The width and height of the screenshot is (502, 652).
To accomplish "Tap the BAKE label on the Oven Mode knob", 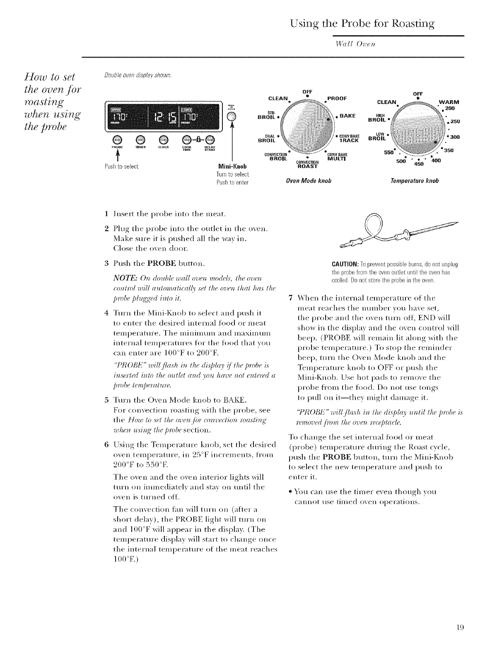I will [x=351, y=117].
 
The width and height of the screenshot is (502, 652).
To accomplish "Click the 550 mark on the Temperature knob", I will [x=387, y=152].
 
